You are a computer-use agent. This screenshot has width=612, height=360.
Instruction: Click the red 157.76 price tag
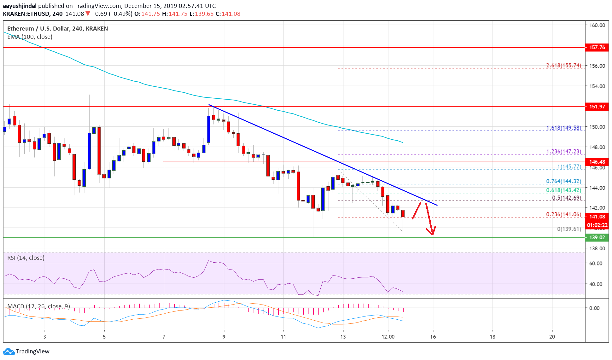(597, 47)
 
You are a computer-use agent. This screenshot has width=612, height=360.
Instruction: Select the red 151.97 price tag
(597, 107)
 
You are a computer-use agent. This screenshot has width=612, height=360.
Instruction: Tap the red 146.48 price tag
(597, 162)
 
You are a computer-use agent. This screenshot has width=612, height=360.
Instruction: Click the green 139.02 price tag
(597, 237)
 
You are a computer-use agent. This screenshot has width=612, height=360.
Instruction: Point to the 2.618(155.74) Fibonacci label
(563, 65)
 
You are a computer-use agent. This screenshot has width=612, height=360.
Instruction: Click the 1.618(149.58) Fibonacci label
(563, 128)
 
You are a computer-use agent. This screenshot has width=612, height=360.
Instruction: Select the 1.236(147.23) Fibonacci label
(563, 151)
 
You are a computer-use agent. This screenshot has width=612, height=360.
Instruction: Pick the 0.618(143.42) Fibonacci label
(563, 190)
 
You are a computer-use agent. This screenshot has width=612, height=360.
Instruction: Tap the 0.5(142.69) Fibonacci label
(566, 198)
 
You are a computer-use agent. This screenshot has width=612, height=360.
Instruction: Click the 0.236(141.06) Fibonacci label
(563, 214)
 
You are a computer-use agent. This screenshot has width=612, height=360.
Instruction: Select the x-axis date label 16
(433, 337)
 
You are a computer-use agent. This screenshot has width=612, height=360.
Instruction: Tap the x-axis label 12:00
(388, 337)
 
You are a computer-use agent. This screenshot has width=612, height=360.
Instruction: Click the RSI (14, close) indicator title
(26, 258)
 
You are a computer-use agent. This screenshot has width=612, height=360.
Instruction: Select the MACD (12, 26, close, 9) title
(38, 306)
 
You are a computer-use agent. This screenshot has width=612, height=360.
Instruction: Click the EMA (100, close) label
(30, 37)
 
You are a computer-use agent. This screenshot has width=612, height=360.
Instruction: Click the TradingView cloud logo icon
(9, 351)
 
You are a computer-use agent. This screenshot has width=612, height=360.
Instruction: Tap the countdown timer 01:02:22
(597, 225)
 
